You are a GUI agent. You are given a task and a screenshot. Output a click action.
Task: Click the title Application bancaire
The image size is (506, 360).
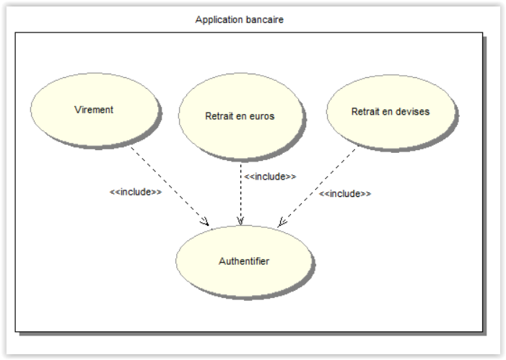point(239,19)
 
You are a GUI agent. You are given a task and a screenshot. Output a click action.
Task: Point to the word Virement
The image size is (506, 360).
point(94,110)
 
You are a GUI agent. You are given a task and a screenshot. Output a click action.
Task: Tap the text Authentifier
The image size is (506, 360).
point(244,261)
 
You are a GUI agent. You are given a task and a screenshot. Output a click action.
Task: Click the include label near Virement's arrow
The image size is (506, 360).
point(136,192)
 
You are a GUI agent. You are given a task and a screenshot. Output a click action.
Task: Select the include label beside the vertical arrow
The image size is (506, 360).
point(270,176)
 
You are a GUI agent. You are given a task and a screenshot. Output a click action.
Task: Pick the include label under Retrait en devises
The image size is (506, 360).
point(345,194)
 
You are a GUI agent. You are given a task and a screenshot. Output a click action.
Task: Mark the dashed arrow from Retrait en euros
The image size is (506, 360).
point(240,195)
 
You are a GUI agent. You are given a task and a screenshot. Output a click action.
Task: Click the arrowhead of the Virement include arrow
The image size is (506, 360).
point(206,222)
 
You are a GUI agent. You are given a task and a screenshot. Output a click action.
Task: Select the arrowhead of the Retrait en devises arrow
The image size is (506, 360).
point(282,222)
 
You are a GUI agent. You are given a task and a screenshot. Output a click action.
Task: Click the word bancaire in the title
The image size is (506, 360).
point(263,19)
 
